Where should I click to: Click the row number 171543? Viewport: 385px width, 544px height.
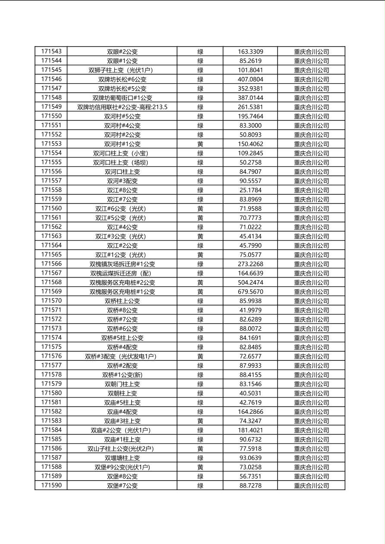click(x=51, y=51)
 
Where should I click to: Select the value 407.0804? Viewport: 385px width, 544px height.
click(x=250, y=79)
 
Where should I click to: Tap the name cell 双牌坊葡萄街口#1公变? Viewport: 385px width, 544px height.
click(x=122, y=98)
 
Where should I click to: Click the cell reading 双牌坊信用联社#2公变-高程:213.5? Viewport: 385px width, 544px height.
click(x=122, y=107)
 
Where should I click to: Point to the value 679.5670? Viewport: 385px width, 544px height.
click(x=250, y=291)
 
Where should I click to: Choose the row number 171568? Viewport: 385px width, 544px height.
click(x=51, y=282)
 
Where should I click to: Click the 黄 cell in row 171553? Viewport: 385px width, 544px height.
click(x=200, y=144)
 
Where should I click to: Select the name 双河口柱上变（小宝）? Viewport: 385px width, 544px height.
click(x=122, y=153)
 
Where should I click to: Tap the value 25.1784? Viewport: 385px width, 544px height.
click(x=250, y=190)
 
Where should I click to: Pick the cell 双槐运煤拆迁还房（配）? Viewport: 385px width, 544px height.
click(x=122, y=273)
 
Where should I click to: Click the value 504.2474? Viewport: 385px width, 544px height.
click(x=250, y=282)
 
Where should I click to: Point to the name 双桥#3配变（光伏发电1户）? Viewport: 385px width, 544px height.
click(x=122, y=356)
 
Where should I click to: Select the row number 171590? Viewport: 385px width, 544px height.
click(x=51, y=485)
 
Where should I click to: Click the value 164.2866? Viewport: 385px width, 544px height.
click(x=250, y=412)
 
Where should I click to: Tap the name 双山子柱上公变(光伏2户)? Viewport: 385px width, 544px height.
click(x=122, y=448)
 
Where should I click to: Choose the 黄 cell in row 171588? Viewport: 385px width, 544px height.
click(x=200, y=467)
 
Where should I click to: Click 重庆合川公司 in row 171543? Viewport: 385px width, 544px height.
click(x=312, y=51)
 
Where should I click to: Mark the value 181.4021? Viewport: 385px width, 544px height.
click(x=250, y=430)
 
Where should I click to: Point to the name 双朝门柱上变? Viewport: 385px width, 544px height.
click(x=122, y=384)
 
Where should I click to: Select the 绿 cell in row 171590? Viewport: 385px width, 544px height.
click(x=200, y=485)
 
